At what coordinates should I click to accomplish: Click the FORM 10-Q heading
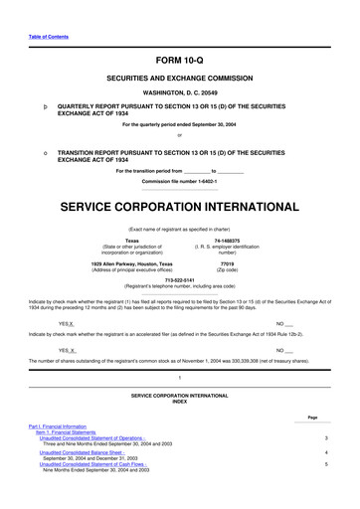(x=180, y=61)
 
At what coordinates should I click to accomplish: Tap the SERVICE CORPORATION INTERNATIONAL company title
(x=179, y=182)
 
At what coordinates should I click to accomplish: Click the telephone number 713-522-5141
(x=179, y=252)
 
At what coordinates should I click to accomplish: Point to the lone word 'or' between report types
(x=179, y=135)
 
